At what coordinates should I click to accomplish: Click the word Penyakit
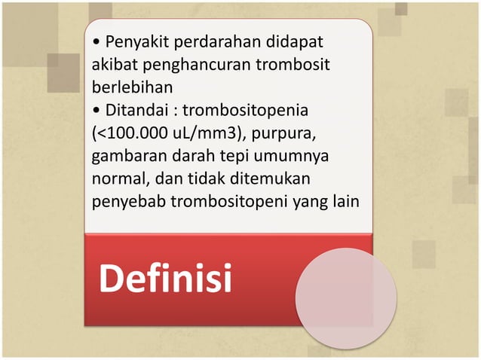tap(134, 39)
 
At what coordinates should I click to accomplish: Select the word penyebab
tap(124, 203)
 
